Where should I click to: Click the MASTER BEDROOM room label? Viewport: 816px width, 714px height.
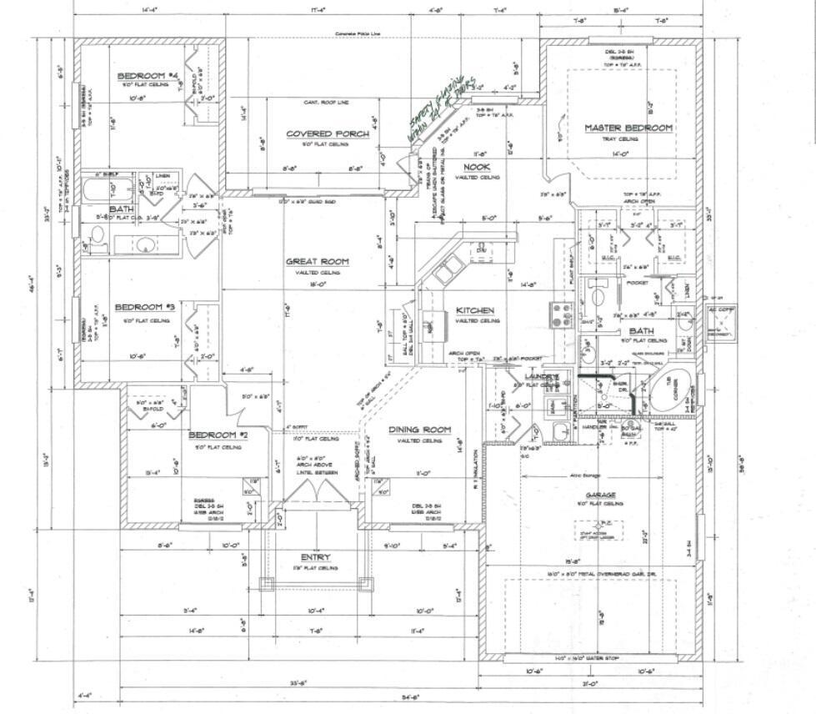pos(628,128)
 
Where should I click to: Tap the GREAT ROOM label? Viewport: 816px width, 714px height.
pos(317,261)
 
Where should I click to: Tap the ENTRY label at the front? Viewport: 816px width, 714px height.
pos(315,557)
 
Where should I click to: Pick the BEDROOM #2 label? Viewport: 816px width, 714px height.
pos(214,435)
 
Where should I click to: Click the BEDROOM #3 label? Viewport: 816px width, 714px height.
pos(143,306)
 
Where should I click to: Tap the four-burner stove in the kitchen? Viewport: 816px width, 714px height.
pos(558,314)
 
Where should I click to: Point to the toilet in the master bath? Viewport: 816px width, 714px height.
pos(597,297)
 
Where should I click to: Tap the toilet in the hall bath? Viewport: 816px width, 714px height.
pos(98,240)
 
